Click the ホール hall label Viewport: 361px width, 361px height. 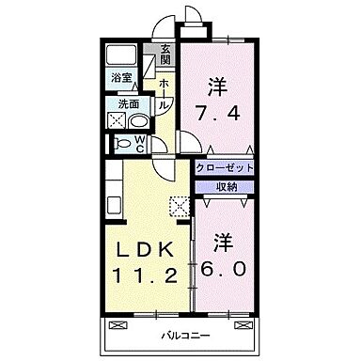coord(165,94)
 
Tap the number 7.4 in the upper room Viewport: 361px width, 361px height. coord(218,115)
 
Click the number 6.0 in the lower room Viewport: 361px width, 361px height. coord(223,268)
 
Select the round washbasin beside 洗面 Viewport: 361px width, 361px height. coord(138,122)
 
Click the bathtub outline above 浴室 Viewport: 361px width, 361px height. coord(120,54)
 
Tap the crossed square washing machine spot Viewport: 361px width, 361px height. coord(118,122)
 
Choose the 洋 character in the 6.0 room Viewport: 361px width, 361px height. coord(223,241)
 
